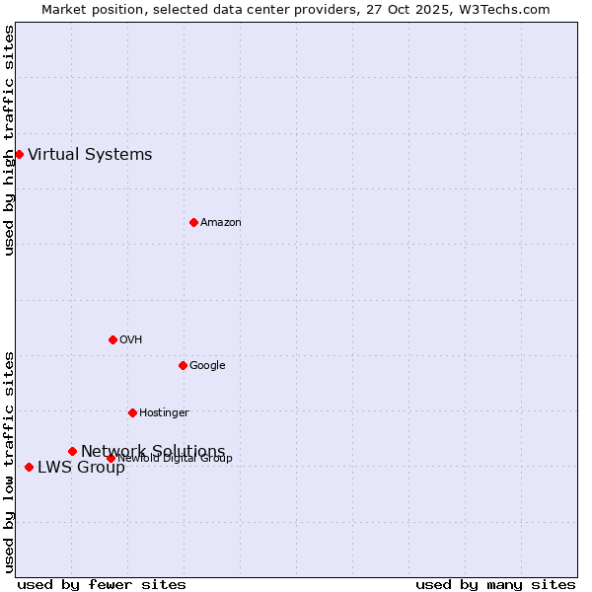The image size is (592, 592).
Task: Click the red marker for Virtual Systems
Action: click(19, 154)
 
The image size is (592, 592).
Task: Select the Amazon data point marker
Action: click(193, 222)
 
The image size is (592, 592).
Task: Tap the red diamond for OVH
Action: click(112, 339)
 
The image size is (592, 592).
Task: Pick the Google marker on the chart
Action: click(183, 365)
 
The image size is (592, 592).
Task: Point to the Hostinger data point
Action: click(132, 412)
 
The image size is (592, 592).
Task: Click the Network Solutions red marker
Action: click(72, 451)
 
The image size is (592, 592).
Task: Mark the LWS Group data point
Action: click(29, 467)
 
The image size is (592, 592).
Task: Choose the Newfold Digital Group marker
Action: click(111, 458)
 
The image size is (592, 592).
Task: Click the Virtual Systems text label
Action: click(90, 154)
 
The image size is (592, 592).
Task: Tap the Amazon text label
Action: click(220, 223)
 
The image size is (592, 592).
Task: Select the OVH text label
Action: click(130, 340)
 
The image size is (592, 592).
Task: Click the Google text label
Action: click(207, 366)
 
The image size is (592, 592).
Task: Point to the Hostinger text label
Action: click(164, 413)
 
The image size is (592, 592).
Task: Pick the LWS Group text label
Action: click(81, 468)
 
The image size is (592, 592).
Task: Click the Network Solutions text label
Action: click(153, 451)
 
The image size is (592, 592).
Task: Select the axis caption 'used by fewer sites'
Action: click(102, 584)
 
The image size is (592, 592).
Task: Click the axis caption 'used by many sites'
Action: click(495, 584)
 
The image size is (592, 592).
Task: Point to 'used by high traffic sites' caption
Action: click(9, 140)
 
